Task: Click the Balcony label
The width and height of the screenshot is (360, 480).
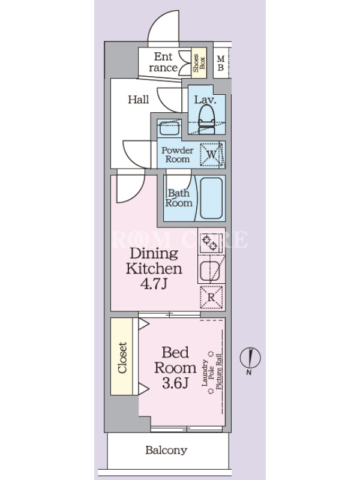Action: pyautogui.click(x=166, y=451)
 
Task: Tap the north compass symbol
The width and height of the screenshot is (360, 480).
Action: pyautogui.click(x=250, y=359)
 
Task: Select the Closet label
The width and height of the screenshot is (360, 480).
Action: pyautogui.click(x=122, y=358)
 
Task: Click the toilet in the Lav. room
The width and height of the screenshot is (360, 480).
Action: pyautogui.click(x=206, y=119)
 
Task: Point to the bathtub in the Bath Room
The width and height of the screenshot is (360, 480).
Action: pyautogui.click(x=211, y=198)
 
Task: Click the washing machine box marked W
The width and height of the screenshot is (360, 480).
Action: pyautogui.click(x=212, y=154)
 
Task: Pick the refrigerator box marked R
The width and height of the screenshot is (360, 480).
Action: pyautogui.click(x=211, y=297)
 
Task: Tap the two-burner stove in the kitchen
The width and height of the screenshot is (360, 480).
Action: pyautogui.click(x=210, y=242)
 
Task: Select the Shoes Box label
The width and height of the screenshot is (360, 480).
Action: pyautogui.click(x=199, y=63)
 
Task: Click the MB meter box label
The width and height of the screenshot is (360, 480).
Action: pyautogui.click(x=220, y=63)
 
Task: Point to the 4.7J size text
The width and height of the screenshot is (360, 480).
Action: pyautogui.click(x=154, y=284)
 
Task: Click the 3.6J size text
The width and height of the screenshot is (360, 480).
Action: pyautogui.click(x=175, y=383)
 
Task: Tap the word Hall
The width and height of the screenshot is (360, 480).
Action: pyautogui.click(x=139, y=100)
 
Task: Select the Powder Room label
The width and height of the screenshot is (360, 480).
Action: pyautogui.click(x=178, y=155)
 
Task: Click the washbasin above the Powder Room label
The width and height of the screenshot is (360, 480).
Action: pyautogui.click(x=169, y=127)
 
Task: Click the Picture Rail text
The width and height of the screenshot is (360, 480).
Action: pyautogui.click(x=219, y=371)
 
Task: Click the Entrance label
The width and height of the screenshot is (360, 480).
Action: pyautogui.click(x=163, y=62)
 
